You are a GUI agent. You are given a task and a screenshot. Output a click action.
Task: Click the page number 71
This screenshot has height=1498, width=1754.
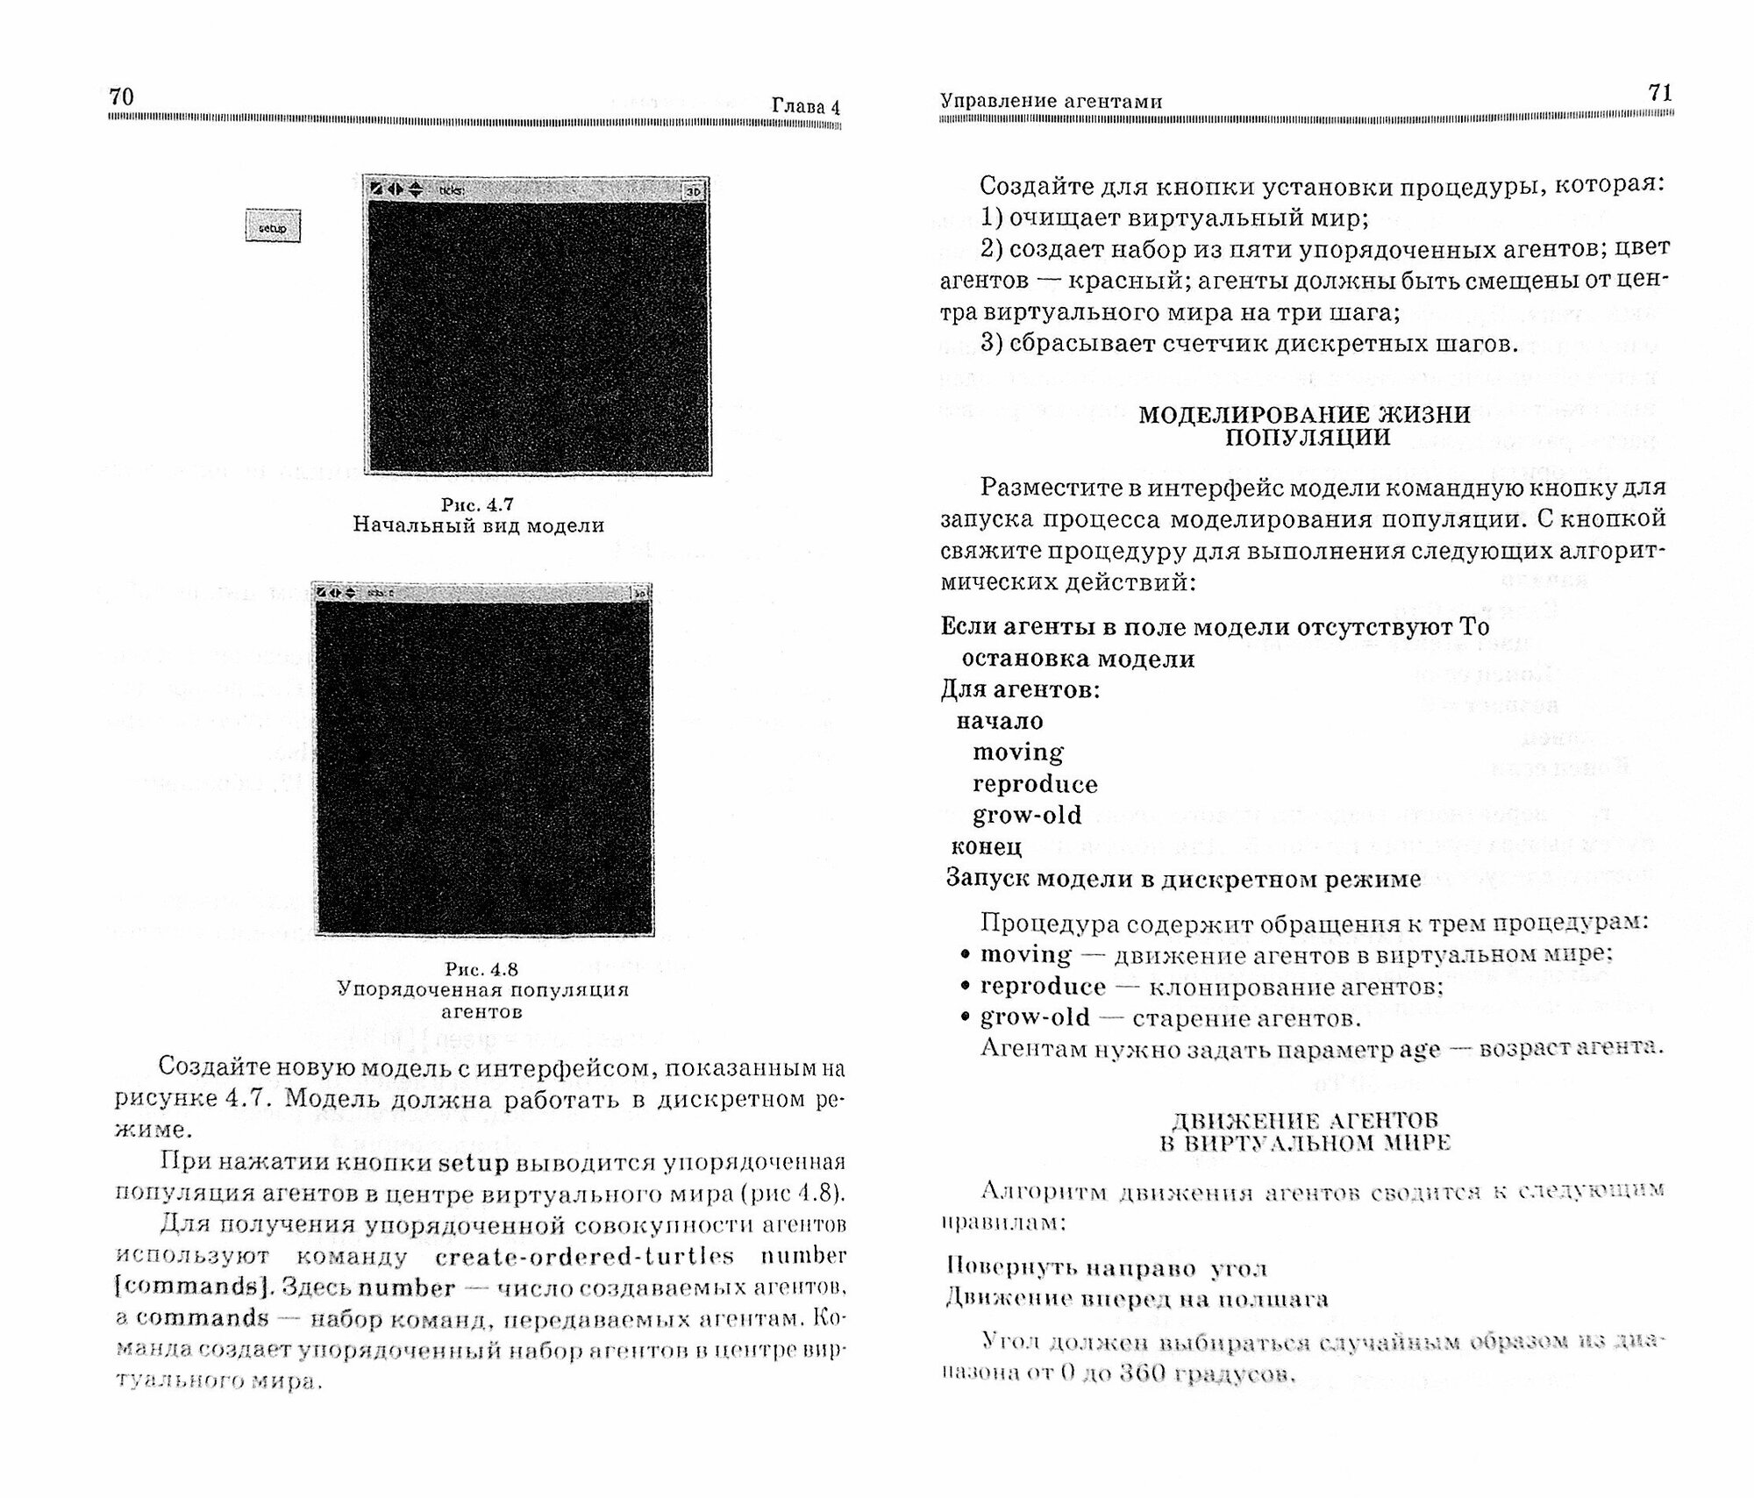(x=1660, y=93)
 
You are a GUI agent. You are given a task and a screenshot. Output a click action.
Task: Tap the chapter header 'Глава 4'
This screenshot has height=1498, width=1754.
(x=805, y=107)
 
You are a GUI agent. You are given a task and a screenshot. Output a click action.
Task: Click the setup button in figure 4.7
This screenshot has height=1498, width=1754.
(x=273, y=227)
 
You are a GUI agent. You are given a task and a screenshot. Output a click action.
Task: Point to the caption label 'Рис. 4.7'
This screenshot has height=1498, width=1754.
(x=477, y=504)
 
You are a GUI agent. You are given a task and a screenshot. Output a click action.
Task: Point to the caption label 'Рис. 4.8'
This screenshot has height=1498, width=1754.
(x=481, y=969)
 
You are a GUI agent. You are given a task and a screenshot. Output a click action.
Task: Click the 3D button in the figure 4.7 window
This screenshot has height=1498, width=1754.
(x=694, y=190)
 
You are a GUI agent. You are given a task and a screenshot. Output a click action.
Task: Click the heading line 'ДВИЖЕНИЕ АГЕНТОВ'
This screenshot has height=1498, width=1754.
(x=1305, y=1121)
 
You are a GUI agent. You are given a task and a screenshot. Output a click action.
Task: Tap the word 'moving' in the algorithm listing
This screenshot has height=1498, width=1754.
(x=1017, y=753)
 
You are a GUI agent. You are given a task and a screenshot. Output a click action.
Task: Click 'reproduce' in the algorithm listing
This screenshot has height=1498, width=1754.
(x=1035, y=784)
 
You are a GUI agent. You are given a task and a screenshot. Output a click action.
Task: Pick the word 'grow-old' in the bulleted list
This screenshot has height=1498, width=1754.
(x=1035, y=1017)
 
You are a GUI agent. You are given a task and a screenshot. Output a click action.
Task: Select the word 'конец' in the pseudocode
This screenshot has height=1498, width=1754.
(x=986, y=847)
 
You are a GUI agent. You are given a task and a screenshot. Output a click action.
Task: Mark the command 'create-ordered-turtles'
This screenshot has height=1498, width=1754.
(x=584, y=1257)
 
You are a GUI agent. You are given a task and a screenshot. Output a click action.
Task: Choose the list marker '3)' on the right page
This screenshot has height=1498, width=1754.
(x=992, y=344)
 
